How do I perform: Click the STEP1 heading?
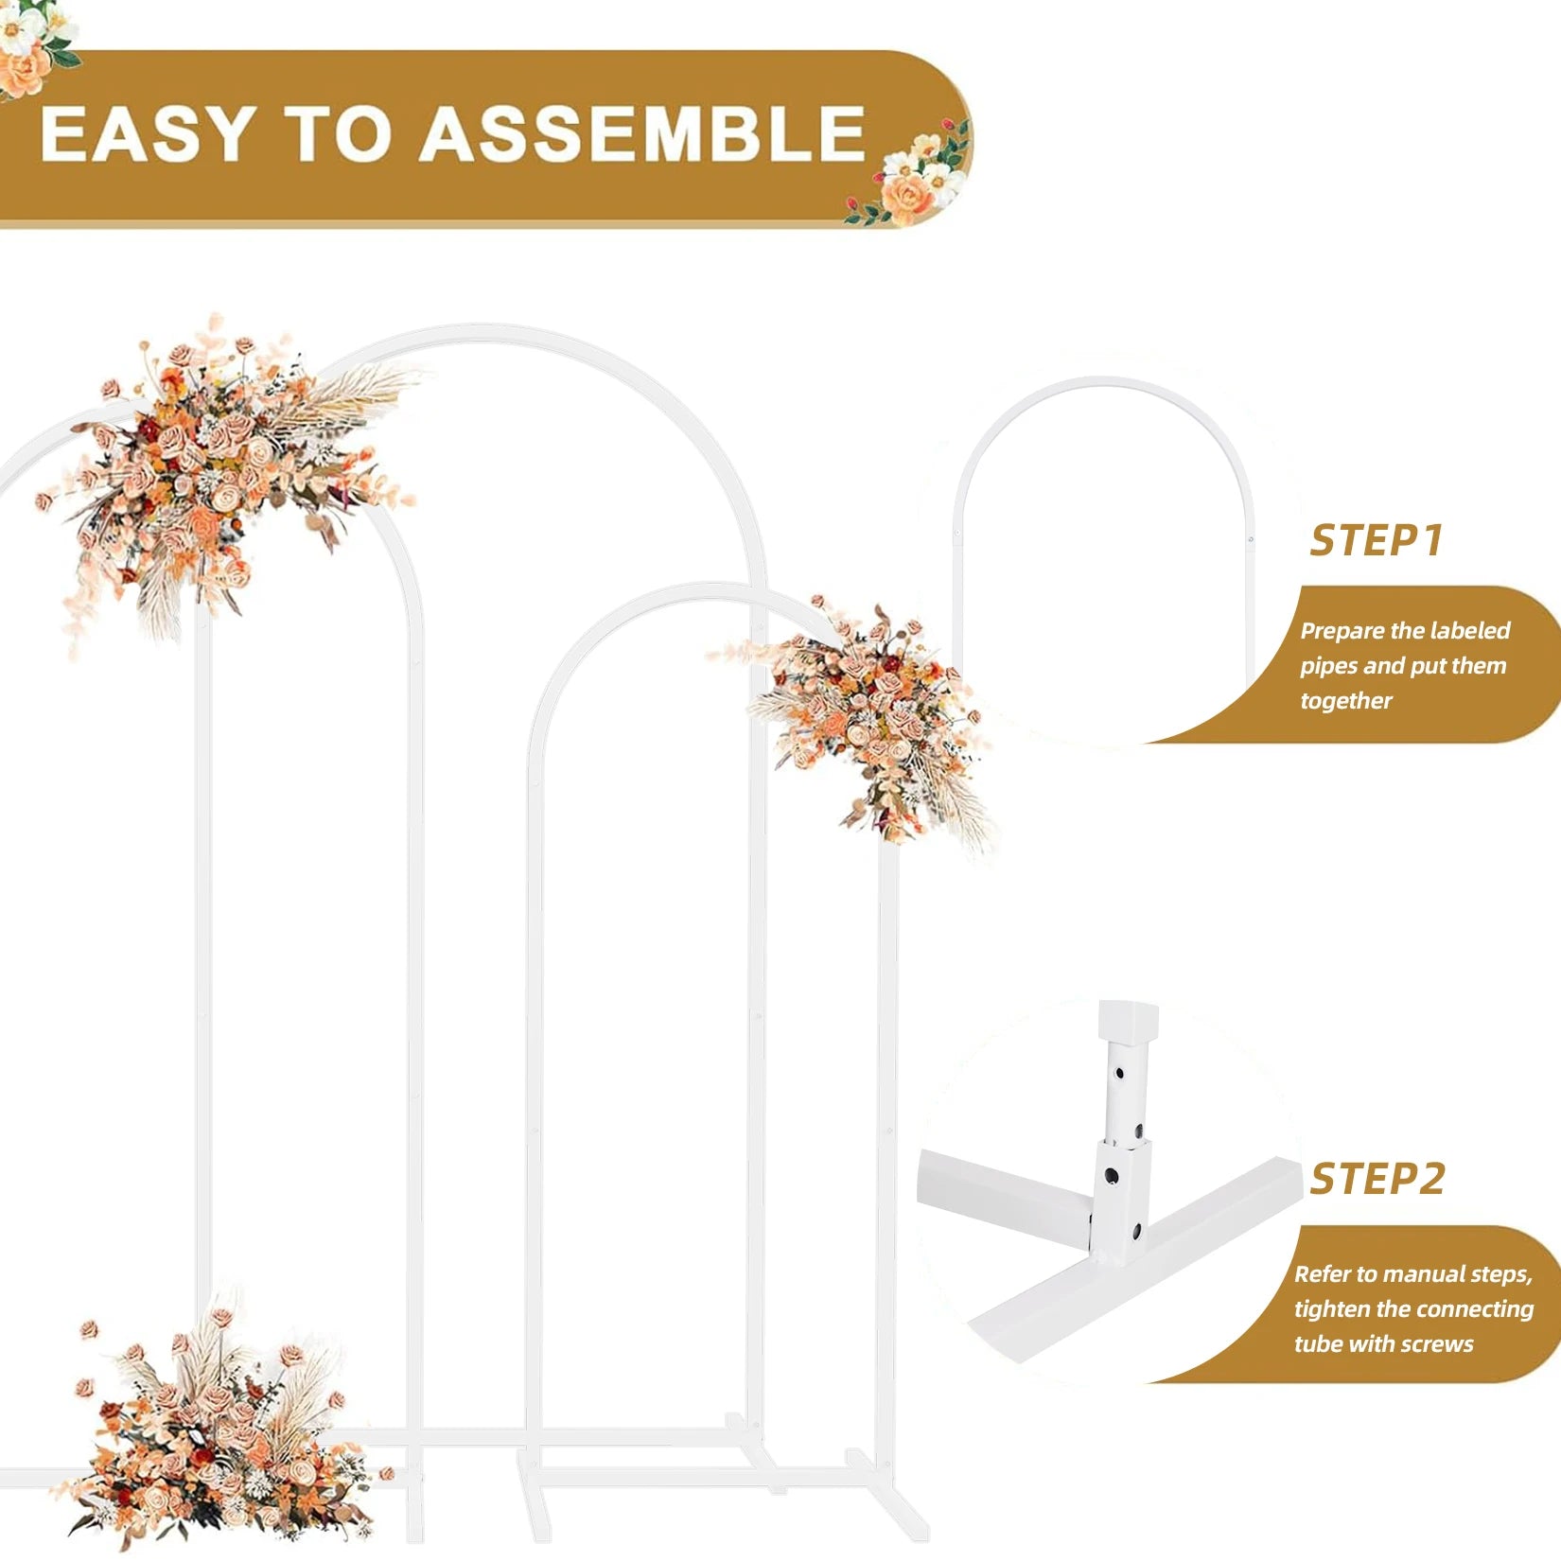coord(1377,540)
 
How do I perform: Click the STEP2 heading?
coord(1377,1179)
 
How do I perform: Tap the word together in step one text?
coord(1345,701)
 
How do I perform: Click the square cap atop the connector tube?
coord(1128,1020)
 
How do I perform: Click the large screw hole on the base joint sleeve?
coord(1111,1176)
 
